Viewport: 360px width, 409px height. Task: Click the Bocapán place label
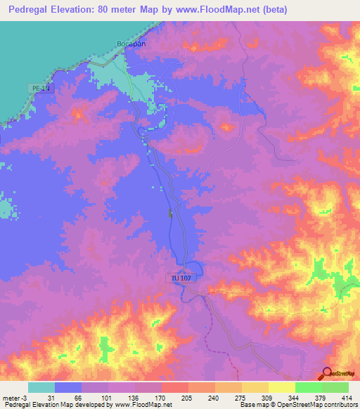(130, 43)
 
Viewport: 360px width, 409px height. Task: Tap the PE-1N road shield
(42, 88)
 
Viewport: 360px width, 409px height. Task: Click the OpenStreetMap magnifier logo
(328, 375)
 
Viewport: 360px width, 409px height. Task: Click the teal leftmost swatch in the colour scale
(41, 387)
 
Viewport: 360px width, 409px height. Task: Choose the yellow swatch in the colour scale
(281, 387)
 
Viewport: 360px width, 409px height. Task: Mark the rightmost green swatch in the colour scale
(335, 387)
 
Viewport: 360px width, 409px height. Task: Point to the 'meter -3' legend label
(14, 398)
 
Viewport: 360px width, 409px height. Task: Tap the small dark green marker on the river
(169, 213)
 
